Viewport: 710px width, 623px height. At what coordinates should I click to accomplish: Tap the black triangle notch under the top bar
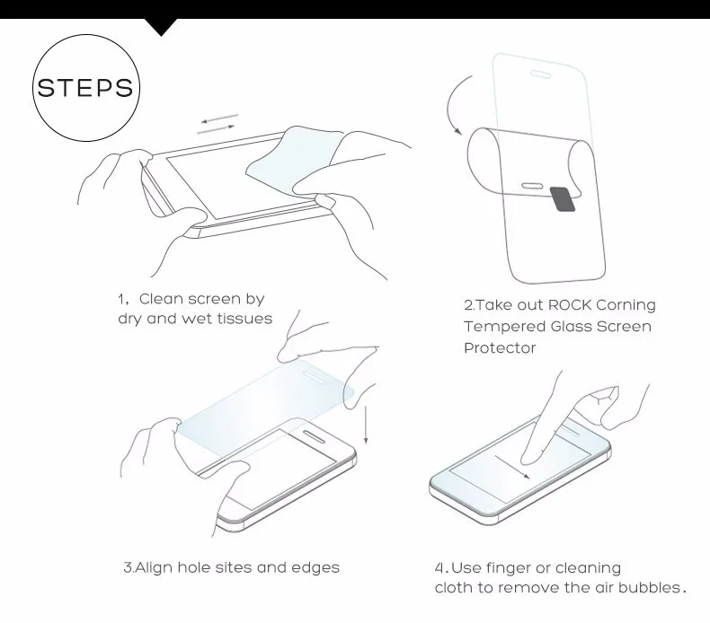coord(161,26)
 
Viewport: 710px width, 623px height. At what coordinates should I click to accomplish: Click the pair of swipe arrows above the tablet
coord(217,123)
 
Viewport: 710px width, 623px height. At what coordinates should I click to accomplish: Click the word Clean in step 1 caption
coord(164,299)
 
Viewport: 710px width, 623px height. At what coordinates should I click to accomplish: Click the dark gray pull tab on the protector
coord(562,198)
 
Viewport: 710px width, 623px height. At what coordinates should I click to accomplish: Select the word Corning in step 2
coord(624,305)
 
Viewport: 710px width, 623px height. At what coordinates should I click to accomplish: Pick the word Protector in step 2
coord(500,348)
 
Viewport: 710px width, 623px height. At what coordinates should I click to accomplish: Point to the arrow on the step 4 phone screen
coord(519,469)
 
